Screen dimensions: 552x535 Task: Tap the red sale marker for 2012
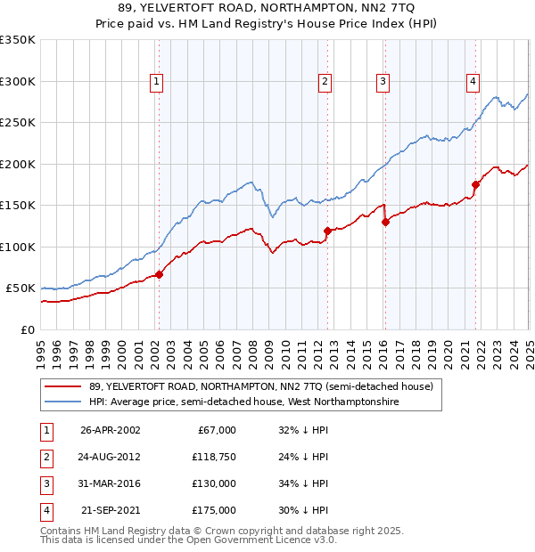[x=327, y=231]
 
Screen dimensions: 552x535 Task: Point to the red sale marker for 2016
[x=385, y=223]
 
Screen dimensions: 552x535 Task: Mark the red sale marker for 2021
[x=475, y=185]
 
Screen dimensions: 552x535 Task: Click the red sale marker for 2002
[x=159, y=274]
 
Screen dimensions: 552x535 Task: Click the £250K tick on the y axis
[x=18, y=123]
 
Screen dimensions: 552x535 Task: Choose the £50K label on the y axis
[x=21, y=288]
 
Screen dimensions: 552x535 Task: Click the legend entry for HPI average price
[x=243, y=402]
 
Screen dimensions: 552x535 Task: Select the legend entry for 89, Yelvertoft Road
[x=260, y=386]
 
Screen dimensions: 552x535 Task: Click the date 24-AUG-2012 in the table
[x=111, y=457]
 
